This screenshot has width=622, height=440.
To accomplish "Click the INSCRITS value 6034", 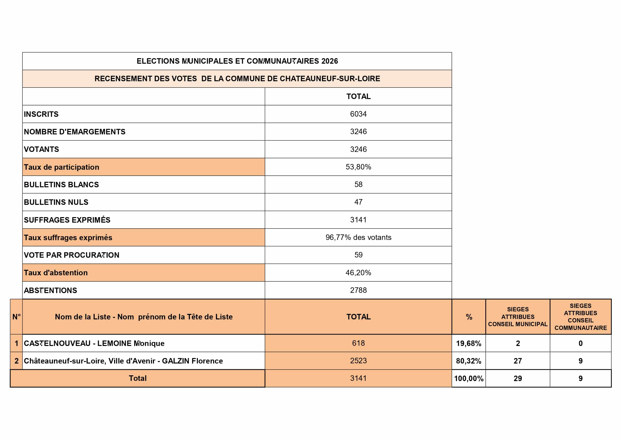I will coord(358,114).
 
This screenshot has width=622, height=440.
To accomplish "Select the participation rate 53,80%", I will coord(358,167).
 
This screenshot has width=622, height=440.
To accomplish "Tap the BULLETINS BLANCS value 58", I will coord(358,185).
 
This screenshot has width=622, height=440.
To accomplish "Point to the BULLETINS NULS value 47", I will coord(358,202).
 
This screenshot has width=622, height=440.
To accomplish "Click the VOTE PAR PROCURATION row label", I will coord(71,255).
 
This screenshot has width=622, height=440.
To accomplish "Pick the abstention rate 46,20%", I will coord(358,273).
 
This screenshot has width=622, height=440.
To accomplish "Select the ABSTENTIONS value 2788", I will coord(358,290).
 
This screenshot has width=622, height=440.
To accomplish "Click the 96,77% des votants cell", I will coord(358,238).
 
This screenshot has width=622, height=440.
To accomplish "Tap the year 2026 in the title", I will coord(329,61).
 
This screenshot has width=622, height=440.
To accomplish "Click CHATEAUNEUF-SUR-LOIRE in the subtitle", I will coord(330,79).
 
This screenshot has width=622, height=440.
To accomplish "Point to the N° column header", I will coord(16,317).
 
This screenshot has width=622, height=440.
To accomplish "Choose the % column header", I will coord(469,317).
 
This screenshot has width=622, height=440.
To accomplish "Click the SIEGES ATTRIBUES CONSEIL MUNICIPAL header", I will coord(518,317).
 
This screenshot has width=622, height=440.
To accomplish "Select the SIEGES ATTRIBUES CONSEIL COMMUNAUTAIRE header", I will coord(581,317).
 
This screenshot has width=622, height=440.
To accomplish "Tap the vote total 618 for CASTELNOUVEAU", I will coord(358,343).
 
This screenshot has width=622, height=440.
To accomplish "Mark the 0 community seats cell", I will coord(581,343).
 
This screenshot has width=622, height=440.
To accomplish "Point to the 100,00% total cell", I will coord(469,379).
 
